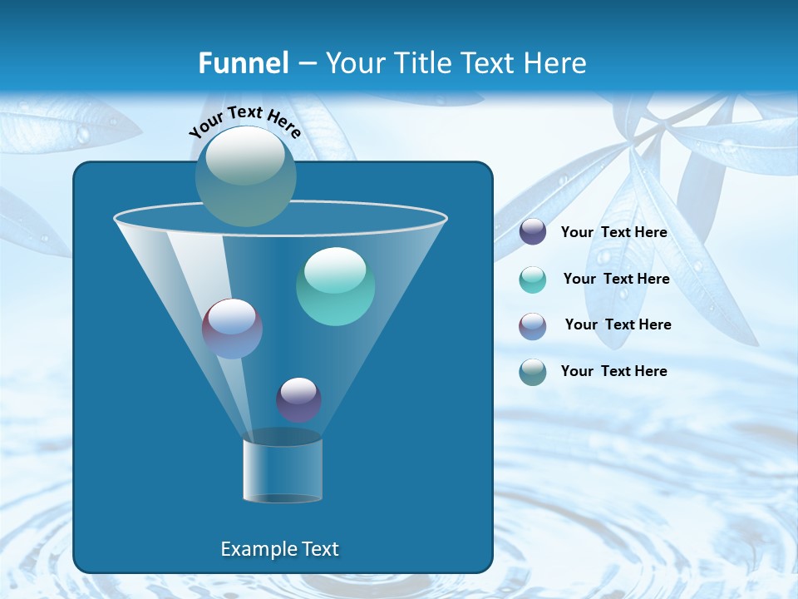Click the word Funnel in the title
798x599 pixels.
[244, 63]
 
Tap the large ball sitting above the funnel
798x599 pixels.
[245, 176]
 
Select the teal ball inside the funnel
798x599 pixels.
[335, 286]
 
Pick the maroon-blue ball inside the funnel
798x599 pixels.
[232, 329]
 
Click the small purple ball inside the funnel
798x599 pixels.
[298, 399]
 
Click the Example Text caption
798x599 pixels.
[279, 549]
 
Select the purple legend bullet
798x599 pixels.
[533, 232]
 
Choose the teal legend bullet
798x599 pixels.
[533, 280]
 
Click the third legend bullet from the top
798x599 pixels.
[533, 326]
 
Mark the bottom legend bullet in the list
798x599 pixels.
[533, 372]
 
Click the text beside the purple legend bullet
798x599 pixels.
[613, 233]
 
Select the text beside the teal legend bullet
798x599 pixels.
[616, 280]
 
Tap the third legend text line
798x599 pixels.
[618, 325]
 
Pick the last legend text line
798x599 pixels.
[613, 371]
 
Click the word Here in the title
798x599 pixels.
[555, 63]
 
